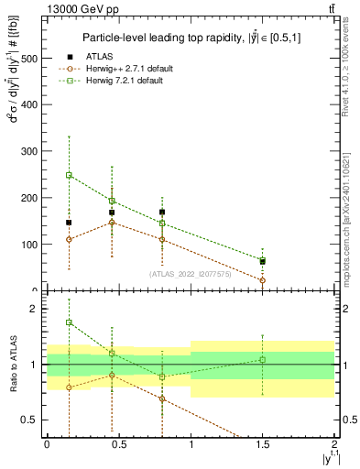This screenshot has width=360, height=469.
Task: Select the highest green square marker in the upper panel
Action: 69,175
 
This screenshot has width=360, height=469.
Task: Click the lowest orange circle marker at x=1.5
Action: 263,280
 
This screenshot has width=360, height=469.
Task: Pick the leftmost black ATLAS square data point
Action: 69,223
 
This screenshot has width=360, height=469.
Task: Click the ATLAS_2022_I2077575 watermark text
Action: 191,273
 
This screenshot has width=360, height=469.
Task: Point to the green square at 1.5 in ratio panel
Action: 263,359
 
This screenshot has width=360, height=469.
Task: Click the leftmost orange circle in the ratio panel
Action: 69,387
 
